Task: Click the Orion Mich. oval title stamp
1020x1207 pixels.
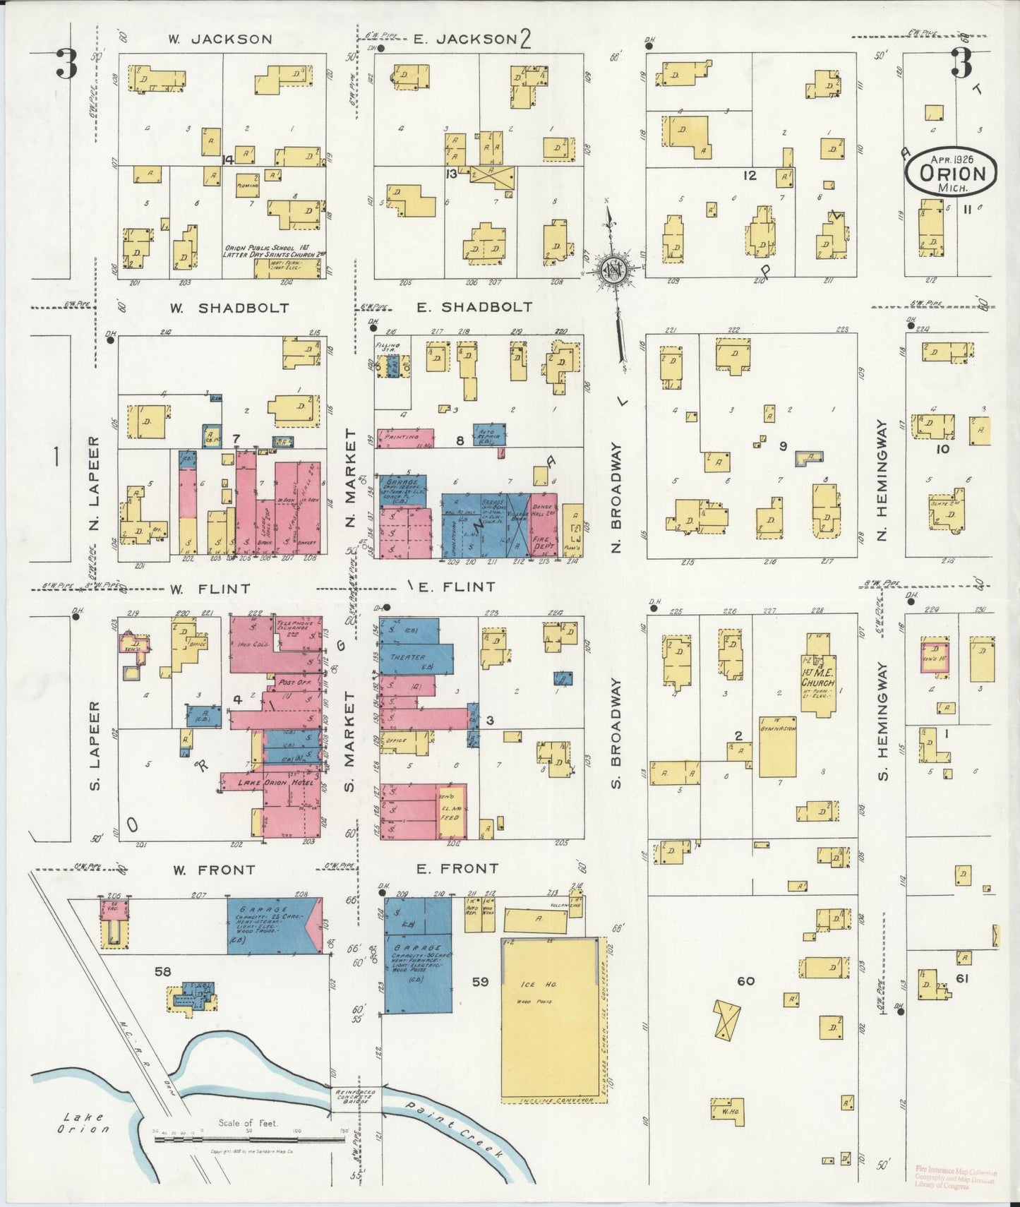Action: pyautogui.click(x=952, y=174)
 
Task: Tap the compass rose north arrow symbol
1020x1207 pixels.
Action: pyautogui.click(x=613, y=269)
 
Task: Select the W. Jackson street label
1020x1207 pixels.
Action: pyautogui.click(x=220, y=40)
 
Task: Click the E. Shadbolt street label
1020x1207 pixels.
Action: pyautogui.click(x=474, y=308)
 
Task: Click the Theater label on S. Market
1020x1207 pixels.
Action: pyautogui.click(x=407, y=657)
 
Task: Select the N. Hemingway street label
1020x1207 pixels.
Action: pyautogui.click(x=882, y=481)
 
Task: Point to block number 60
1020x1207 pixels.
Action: pyautogui.click(x=746, y=981)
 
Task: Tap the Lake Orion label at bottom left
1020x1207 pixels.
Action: pyautogui.click(x=83, y=1122)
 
